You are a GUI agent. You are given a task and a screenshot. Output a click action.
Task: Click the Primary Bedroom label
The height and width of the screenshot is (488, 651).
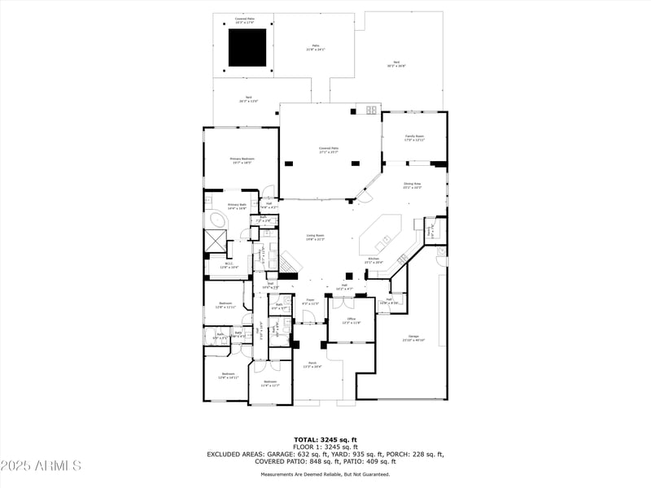(242, 160)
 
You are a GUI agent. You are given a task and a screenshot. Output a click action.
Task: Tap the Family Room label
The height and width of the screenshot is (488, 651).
(415, 137)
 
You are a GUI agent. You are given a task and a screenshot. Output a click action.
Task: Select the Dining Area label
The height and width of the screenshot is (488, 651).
(413, 185)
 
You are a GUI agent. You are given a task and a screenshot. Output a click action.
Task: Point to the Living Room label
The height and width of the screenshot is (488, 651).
(315, 237)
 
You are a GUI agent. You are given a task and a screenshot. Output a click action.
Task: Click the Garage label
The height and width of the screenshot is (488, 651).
(413, 338)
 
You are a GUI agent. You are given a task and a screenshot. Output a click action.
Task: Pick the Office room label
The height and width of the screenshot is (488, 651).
(350, 320)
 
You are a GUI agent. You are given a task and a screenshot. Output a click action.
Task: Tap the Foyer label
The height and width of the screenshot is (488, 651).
(310, 302)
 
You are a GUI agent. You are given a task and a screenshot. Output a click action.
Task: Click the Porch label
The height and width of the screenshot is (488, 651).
(311, 364)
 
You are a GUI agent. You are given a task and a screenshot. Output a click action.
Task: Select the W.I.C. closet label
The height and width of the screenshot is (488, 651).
(229, 265)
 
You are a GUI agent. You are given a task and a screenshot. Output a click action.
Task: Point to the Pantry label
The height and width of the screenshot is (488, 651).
(430, 232)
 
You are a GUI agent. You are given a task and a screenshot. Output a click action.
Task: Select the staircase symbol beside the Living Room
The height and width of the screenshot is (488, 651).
(292, 263)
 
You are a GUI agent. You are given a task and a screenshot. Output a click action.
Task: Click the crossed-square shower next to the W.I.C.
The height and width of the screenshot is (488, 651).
(216, 240)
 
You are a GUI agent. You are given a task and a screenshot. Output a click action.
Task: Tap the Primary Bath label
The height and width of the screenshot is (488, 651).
(237, 207)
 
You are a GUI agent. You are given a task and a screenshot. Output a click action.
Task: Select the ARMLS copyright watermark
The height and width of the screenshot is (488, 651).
(41, 466)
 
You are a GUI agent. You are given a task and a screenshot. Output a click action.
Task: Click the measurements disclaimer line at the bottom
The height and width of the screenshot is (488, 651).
(325, 474)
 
